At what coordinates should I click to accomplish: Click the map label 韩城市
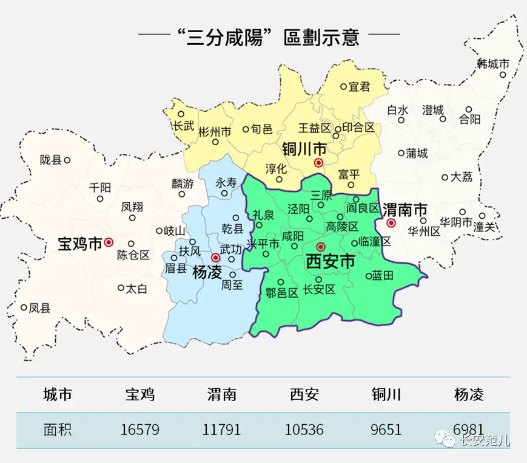492,63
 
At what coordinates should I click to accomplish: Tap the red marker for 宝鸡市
109,242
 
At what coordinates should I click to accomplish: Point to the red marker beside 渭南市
391,223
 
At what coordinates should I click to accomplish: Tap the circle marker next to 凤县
24,307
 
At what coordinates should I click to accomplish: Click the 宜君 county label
359,87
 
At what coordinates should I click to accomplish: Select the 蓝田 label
383,276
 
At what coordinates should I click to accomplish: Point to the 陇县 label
51,160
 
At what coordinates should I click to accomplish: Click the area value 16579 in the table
139,430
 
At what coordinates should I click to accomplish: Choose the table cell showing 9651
386,430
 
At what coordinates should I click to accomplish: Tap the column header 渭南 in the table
221,395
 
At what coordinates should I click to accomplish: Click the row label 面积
58,430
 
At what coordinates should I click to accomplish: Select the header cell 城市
58,395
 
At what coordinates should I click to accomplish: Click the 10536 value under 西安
304,430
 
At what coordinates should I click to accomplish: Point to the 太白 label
136,289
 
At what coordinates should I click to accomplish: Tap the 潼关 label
484,227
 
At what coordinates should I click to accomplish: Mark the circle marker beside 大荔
445,177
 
